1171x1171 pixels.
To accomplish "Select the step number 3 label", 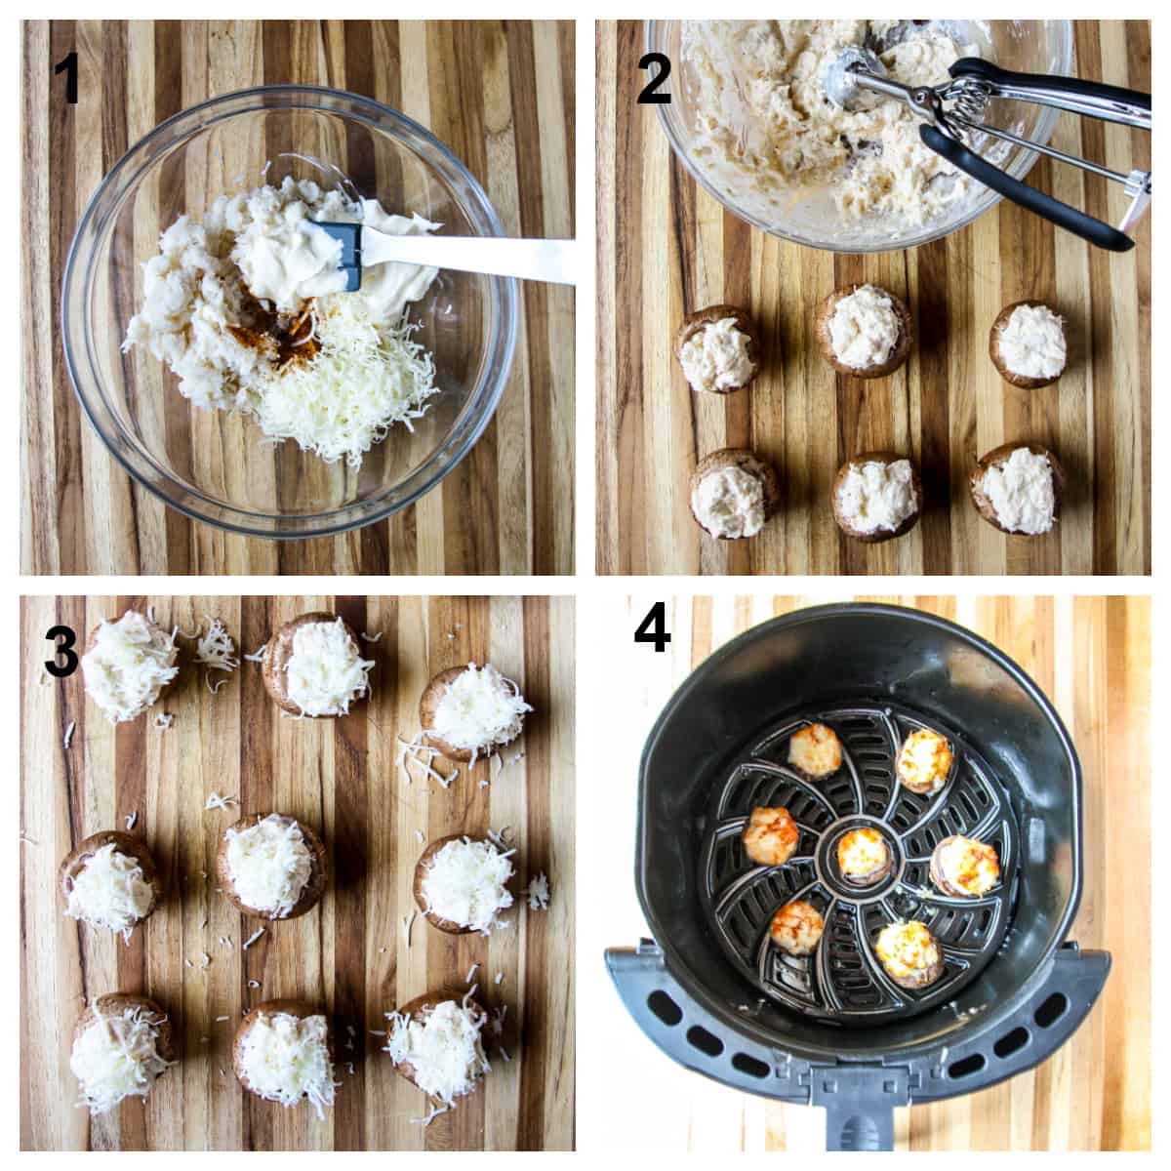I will click(61, 653).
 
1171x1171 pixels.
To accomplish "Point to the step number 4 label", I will click(652, 628).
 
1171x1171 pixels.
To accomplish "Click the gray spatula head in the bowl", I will click(338, 255).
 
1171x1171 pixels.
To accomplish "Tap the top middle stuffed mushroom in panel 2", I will click(865, 329).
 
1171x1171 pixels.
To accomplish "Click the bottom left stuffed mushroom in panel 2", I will click(734, 494).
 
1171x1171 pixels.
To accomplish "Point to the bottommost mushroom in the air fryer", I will click(908, 952).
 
